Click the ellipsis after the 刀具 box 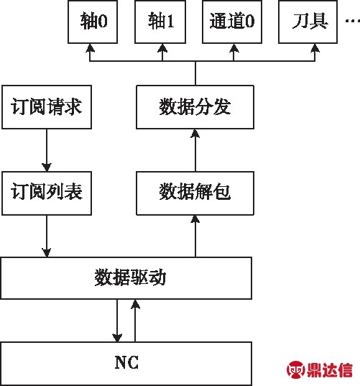click(353, 21)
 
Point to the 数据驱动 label click(130, 277)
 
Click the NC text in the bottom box click(126, 362)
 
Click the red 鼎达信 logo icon click(295, 369)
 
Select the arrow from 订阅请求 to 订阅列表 click(47, 150)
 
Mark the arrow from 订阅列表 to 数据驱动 click(47, 236)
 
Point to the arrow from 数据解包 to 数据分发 click(195, 150)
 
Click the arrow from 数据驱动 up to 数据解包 click(195, 236)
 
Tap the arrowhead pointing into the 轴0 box click(90, 47)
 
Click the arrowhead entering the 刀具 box click(315, 47)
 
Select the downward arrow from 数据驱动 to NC click(117, 321)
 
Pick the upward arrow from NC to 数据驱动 click(135, 321)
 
